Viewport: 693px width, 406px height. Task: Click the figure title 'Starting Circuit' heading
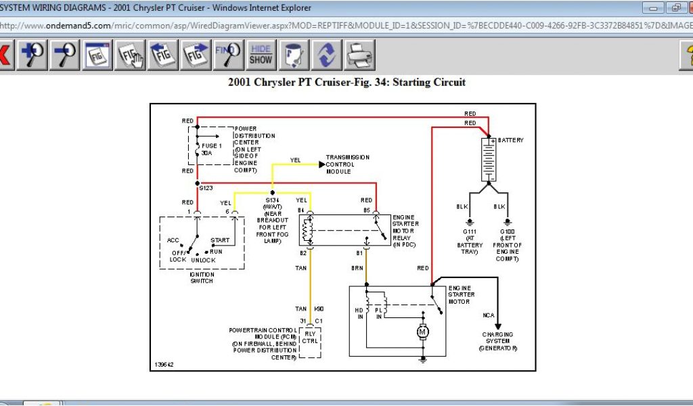(x=346, y=83)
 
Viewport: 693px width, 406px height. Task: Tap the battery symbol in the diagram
(x=489, y=160)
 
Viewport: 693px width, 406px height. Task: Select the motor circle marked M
(x=422, y=332)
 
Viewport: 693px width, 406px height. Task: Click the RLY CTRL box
(x=310, y=336)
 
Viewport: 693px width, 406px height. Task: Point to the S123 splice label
(x=206, y=187)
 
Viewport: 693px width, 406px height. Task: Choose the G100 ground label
(x=508, y=232)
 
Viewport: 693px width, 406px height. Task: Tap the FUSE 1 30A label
(x=211, y=149)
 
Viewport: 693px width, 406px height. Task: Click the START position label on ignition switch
(x=220, y=240)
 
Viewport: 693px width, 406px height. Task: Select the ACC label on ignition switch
(x=173, y=240)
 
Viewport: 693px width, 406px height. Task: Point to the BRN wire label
(x=357, y=269)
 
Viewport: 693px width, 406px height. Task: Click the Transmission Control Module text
(x=347, y=164)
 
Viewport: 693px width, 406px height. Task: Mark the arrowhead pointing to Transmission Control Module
(x=321, y=164)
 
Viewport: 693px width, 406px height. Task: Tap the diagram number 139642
(x=163, y=364)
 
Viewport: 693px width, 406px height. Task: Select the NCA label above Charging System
(x=489, y=315)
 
